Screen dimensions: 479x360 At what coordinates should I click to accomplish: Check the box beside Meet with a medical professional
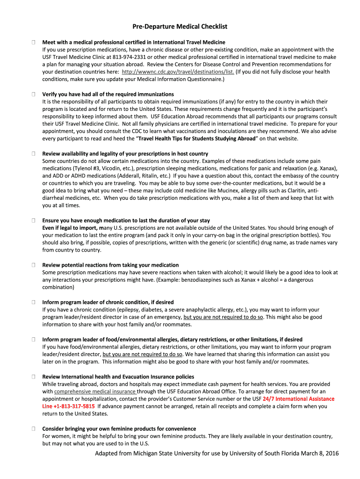tap(34, 42)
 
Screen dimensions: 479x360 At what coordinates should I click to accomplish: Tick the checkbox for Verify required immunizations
tap(34, 94)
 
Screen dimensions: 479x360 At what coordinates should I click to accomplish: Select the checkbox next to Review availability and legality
tap(34, 154)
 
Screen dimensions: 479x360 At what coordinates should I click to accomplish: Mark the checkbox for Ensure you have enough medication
tap(34, 220)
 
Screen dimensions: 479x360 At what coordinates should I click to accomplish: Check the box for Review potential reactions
tap(34, 265)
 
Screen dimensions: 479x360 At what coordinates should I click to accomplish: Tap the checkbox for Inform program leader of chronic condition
tap(34, 302)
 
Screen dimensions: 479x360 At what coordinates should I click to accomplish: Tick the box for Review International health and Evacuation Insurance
tap(34, 377)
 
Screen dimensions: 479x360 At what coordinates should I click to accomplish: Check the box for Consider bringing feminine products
tap(34, 428)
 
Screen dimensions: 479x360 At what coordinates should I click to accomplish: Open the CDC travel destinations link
tap(178, 72)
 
